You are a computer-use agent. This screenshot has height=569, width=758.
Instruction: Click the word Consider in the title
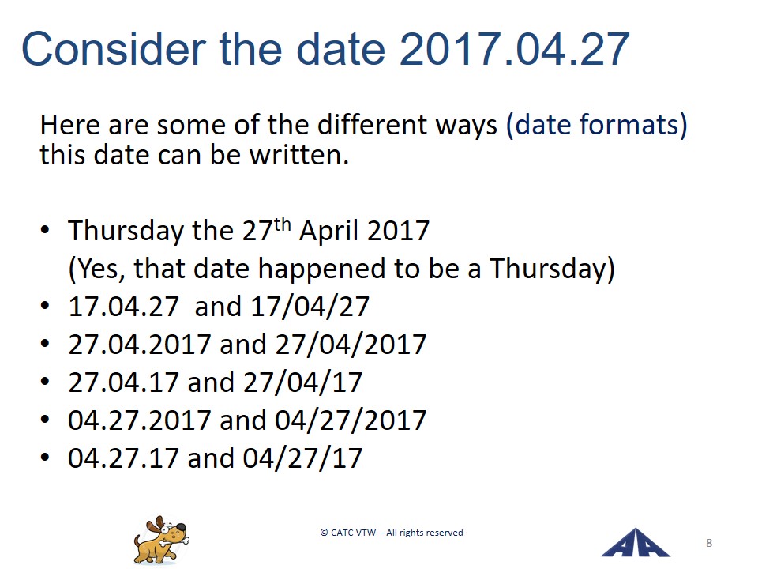coord(114,49)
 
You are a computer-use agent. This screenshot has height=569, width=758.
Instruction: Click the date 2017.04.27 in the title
coord(514,49)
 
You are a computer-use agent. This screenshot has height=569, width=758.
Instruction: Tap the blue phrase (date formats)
coord(597,126)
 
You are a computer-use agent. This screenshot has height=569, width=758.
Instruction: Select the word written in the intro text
coord(298,155)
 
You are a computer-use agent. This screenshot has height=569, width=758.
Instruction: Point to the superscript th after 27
coord(283,224)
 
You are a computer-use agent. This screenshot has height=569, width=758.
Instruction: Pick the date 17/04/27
coord(310,307)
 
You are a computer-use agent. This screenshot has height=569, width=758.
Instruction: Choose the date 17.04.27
coord(124,307)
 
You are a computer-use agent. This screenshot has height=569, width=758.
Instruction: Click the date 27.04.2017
coord(139,345)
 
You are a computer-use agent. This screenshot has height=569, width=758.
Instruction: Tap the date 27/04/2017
coord(351,345)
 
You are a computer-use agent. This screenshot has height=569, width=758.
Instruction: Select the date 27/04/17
coord(302,382)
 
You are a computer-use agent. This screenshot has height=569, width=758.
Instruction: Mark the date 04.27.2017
coord(139,420)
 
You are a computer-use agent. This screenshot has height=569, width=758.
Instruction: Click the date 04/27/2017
coord(351,420)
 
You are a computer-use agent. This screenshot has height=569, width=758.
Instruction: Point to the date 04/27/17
coord(302,458)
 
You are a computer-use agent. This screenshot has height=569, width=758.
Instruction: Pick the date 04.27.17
coord(124,458)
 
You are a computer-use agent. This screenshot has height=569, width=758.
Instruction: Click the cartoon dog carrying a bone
coord(161,540)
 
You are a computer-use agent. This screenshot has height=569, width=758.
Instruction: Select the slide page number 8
coord(709,543)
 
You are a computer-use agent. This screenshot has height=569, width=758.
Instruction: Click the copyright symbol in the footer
coord(324,533)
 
